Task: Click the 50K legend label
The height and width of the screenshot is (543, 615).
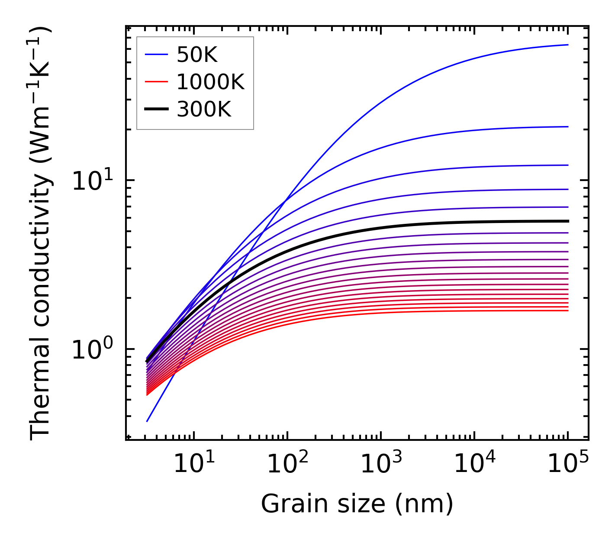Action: pyautogui.click(x=196, y=55)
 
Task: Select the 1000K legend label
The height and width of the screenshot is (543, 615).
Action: pyautogui.click(x=210, y=82)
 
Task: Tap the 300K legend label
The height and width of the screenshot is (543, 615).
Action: pyautogui.click(x=204, y=110)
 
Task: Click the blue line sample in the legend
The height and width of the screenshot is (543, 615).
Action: pyautogui.click(x=156, y=55)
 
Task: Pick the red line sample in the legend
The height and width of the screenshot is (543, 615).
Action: pyautogui.click(x=156, y=82)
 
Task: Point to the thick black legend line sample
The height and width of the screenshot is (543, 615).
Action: pyautogui.click(x=156, y=110)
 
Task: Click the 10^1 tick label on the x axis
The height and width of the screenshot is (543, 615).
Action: pyautogui.click(x=193, y=465)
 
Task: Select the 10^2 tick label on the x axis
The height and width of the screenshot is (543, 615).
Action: pyautogui.click(x=287, y=465)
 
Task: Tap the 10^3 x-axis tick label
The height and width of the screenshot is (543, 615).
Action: pyautogui.click(x=380, y=465)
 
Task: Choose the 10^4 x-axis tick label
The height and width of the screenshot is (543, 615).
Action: pyautogui.click(x=474, y=465)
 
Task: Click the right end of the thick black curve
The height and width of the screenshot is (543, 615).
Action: pyautogui.click(x=567, y=221)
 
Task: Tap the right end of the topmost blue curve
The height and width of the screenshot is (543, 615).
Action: pyautogui.click(x=567, y=45)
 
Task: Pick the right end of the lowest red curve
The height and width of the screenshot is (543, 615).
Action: pyautogui.click(x=567, y=310)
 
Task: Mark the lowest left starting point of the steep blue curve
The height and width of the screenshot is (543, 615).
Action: pyautogui.click(x=147, y=421)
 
